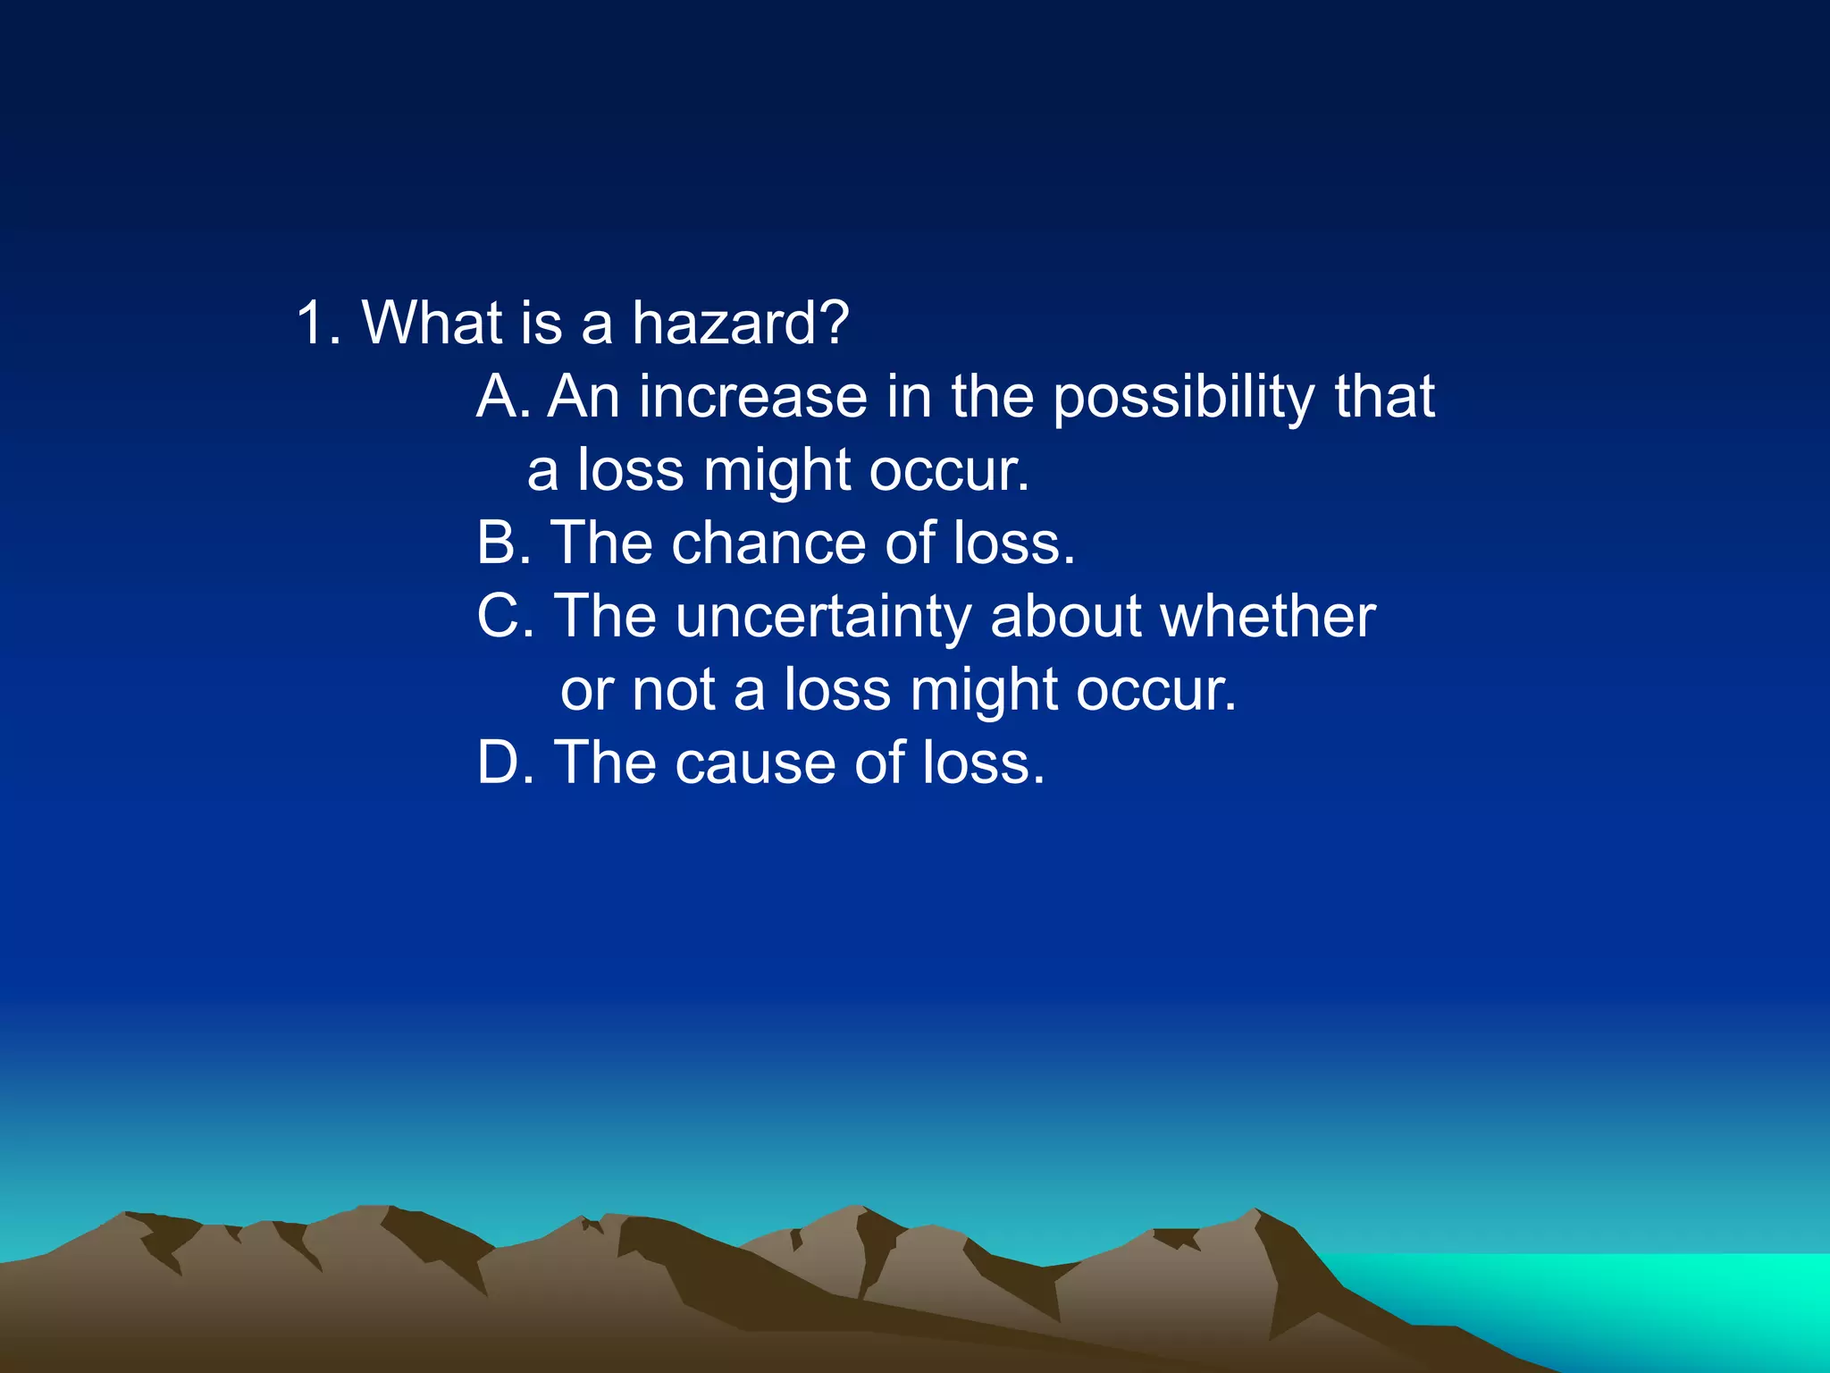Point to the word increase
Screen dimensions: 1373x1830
751,396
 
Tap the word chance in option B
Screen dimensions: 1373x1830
768,543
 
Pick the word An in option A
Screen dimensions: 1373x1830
583,396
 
